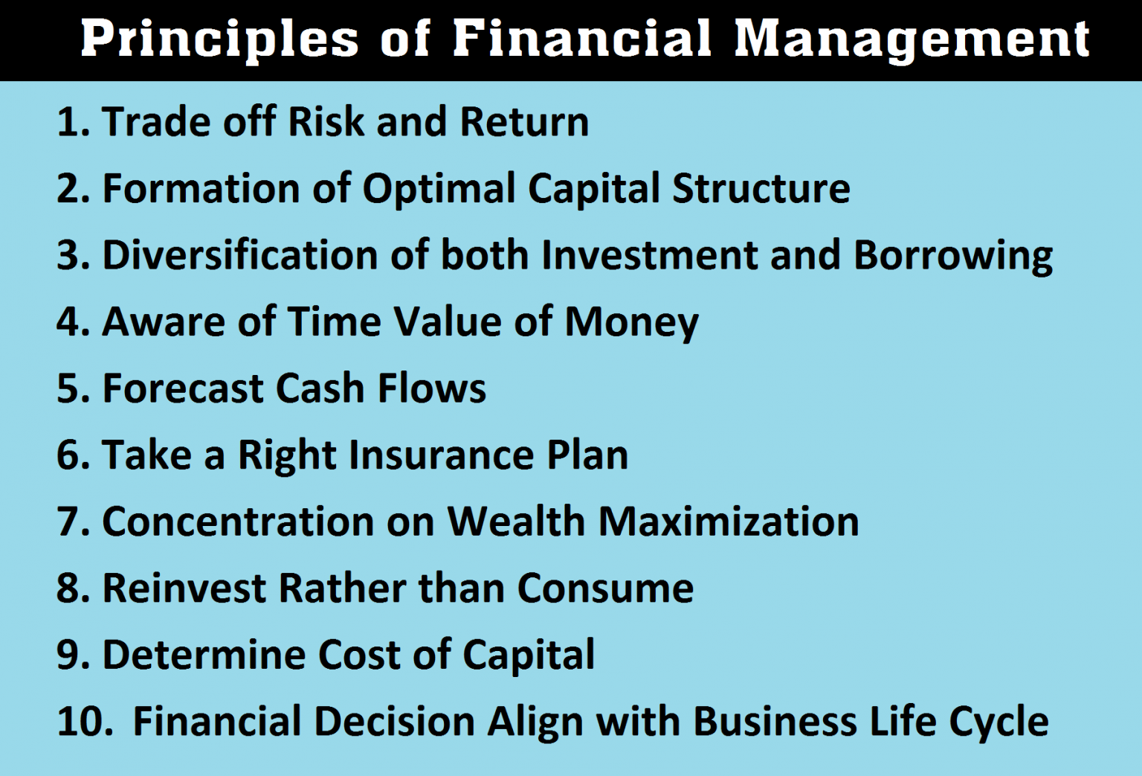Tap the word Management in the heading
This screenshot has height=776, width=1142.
pyautogui.click(x=912, y=39)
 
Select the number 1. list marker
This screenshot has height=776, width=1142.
pyautogui.click(x=73, y=122)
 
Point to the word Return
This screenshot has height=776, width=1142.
pyautogui.click(x=524, y=122)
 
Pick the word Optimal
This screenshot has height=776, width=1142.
pyautogui.click(x=439, y=189)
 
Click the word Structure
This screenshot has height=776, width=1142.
pyautogui.click(x=761, y=189)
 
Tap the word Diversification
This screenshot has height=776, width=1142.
pyautogui.click(x=240, y=255)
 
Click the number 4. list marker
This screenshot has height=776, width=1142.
pyautogui.click(x=73, y=322)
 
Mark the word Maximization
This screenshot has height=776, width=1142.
pyautogui.click(x=729, y=522)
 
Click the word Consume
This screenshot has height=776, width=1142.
pyautogui.click(x=605, y=589)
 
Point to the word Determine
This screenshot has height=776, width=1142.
pyautogui.click(x=204, y=655)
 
